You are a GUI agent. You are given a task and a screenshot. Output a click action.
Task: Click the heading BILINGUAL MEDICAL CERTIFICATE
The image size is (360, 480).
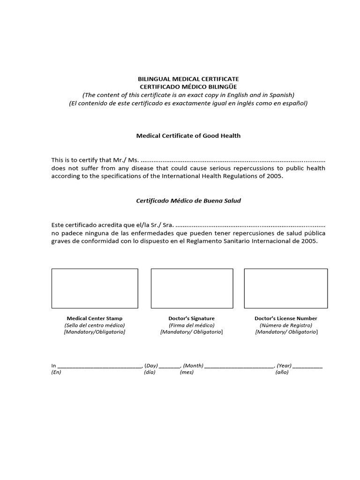tap(188, 79)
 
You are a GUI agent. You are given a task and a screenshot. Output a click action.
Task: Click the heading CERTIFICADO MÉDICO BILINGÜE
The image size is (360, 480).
tap(188, 87)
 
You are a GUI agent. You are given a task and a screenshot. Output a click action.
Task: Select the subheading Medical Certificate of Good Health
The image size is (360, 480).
tap(188, 135)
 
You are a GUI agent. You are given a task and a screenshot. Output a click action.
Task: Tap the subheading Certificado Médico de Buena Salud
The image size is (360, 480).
tap(188, 201)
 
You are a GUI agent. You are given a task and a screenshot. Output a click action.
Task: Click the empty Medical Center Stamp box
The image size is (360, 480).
tap(95, 288)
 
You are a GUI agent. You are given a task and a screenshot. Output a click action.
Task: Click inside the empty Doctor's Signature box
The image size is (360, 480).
tap(192, 288)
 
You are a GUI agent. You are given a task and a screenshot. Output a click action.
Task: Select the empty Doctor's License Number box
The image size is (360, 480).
tap(285, 288)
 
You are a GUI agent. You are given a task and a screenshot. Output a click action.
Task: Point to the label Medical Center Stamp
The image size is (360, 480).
tap(95, 318)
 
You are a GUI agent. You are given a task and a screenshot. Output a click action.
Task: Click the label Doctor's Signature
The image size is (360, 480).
tap(191, 318)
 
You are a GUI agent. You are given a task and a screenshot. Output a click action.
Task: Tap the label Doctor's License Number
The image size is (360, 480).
tap(285, 318)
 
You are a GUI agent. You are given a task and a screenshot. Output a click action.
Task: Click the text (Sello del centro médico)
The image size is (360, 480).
tap(95, 325)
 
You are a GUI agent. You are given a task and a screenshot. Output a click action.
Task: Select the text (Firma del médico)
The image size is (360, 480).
tap(191, 325)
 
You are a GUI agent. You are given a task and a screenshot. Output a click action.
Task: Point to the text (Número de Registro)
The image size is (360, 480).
tap(285, 325)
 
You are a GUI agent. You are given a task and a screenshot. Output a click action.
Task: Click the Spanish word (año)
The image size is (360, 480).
tap(282, 373)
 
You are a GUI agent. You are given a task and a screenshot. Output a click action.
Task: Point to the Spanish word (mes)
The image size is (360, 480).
tap(187, 373)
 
